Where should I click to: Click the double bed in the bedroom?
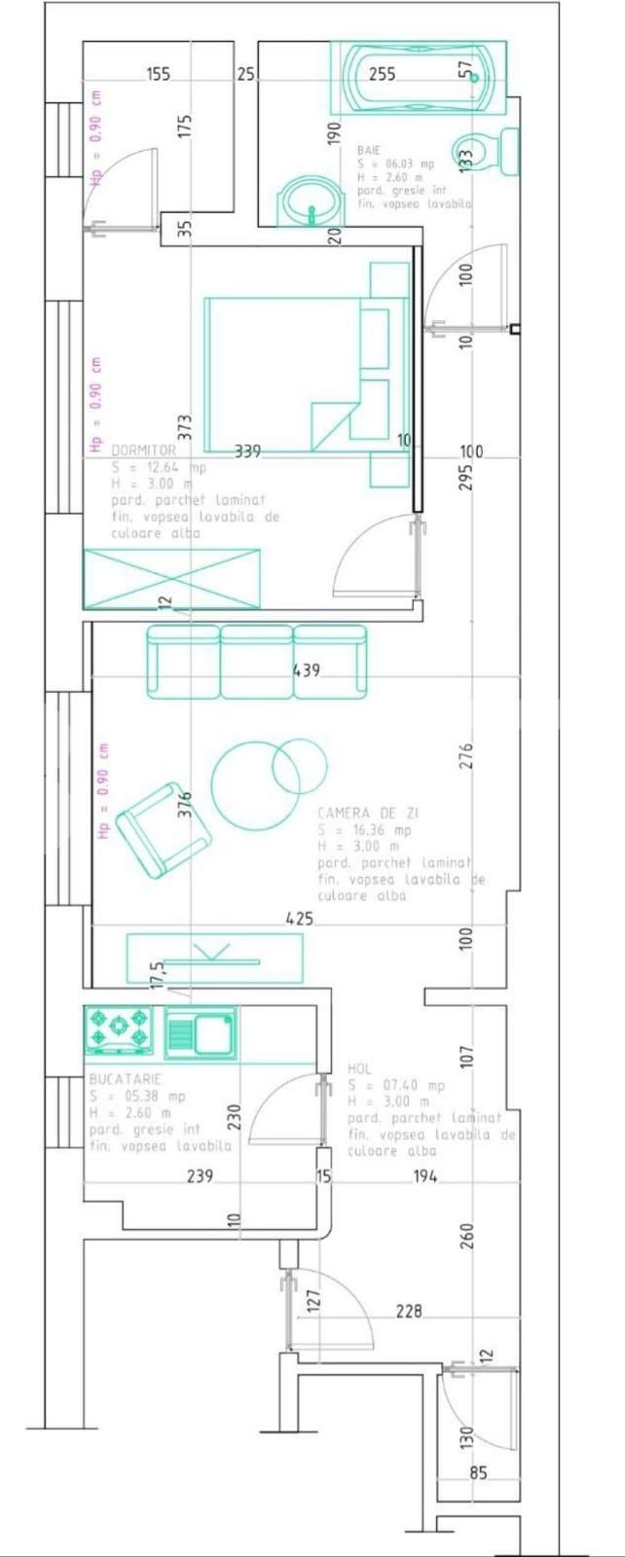[292, 375]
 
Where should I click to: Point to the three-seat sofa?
[257, 662]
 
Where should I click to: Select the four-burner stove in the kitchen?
[119, 1031]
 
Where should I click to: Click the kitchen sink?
[201, 1032]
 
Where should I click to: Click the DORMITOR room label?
[144, 451]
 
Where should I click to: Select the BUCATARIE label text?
[125, 1079]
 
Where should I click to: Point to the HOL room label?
[359, 1068]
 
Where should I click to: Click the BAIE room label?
[369, 151]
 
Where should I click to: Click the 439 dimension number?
[306, 670]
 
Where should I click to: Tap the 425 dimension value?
[299, 918]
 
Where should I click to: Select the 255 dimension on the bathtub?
[383, 74]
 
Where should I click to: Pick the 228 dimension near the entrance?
[409, 1311]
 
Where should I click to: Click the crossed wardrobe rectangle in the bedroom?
[171, 579]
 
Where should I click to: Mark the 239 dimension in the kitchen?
[200, 1177]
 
